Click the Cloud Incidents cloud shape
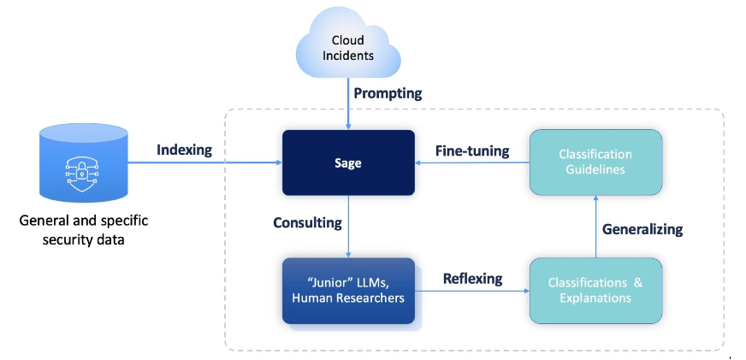tap(348, 46)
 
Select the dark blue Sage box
tap(348, 162)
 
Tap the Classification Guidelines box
tap(595, 162)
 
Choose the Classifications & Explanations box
tap(595, 290)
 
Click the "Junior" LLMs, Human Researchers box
tap(348, 291)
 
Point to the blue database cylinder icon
tap(83, 162)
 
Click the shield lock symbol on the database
tap(83, 170)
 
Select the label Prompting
tap(388, 92)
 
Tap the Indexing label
tap(184, 150)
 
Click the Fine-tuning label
tap(472, 150)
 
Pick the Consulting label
tap(307, 223)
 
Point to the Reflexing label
tap(472, 279)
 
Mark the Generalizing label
tap(642, 228)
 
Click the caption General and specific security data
tap(83, 230)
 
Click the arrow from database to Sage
tap(205, 163)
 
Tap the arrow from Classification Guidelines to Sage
tap(472, 163)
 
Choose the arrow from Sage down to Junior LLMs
tap(349, 227)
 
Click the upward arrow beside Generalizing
tap(595, 227)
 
